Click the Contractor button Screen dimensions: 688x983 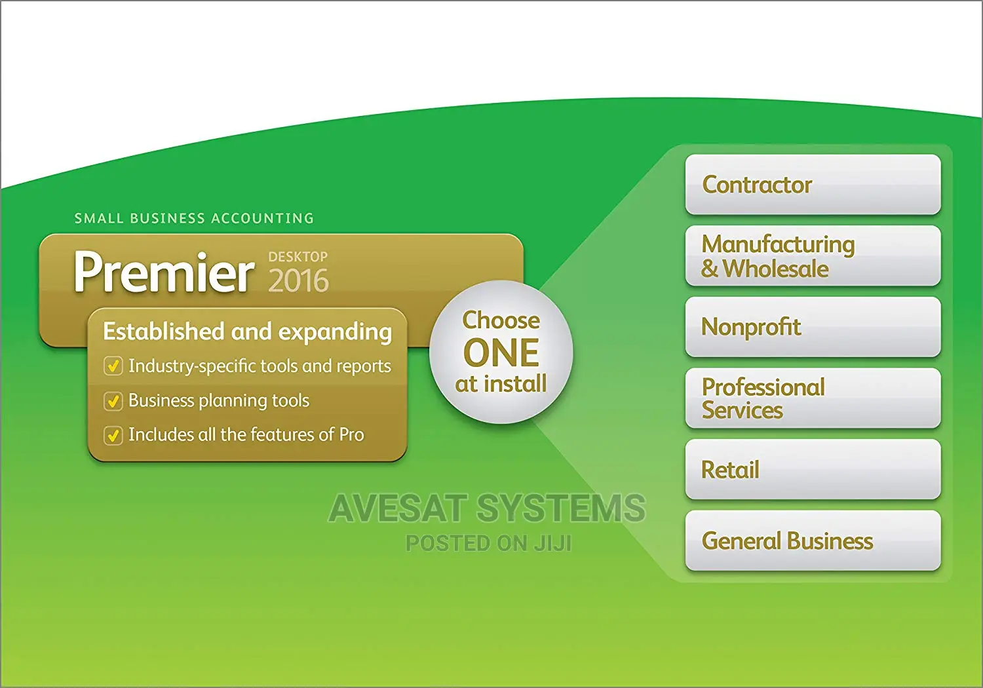pyautogui.click(x=813, y=185)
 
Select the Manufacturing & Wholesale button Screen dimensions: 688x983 pyautogui.click(x=813, y=256)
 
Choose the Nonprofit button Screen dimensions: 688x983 pyautogui.click(x=813, y=327)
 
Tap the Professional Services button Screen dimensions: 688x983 pyautogui.click(x=813, y=398)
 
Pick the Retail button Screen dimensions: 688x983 pyautogui.click(x=813, y=470)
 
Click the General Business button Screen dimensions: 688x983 pyautogui.click(x=813, y=541)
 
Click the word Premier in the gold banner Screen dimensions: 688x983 pyautogui.click(x=164, y=272)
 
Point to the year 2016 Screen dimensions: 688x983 pyautogui.click(x=298, y=281)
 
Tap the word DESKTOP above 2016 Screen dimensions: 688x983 pyautogui.click(x=298, y=257)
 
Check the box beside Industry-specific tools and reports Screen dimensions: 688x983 pyautogui.click(x=113, y=366)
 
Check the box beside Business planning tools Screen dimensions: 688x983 pyautogui.click(x=113, y=401)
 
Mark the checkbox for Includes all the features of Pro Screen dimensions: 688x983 pyautogui.click(x=113, y=435)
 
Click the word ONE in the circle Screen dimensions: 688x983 pyautogui.click(x=501, y=353)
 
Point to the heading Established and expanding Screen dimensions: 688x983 pyautogui.click(x=247, y=332)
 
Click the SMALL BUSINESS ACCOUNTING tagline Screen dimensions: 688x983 pyautogui.click(x=194, y=218)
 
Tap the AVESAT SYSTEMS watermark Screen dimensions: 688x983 pyautogui.click(x=487, y=509)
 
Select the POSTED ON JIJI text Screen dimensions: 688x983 pyautogui.click(x=488, y=543)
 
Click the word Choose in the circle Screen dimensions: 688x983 pyautogui.click(x=501, y=320)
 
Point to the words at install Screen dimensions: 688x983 pyautogui.click(x=501, y=384)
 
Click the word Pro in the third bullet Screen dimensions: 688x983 pyautogui.click(x=351, y=435)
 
